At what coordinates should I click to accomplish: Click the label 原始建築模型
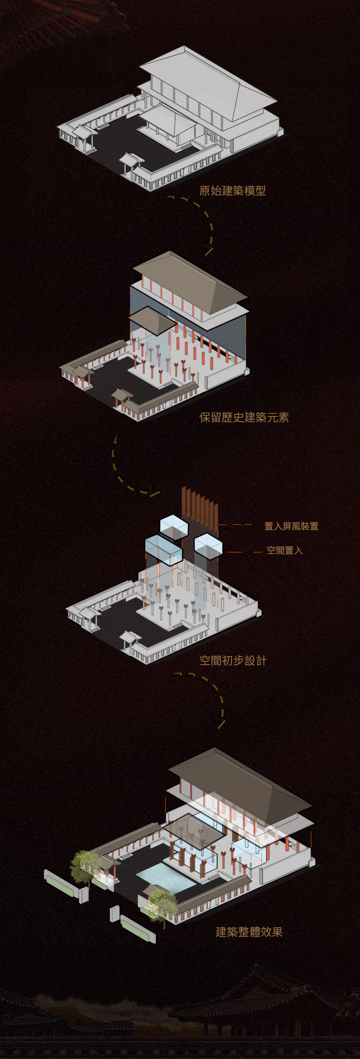[233, 191]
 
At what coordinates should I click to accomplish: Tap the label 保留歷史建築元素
[244, 417]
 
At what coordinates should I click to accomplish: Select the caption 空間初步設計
[233, 660]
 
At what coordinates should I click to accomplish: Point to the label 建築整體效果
[249, 932]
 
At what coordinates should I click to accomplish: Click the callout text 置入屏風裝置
[291, 526]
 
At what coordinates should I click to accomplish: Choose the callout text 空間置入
[285, 550]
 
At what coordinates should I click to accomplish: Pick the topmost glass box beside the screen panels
[174, 526]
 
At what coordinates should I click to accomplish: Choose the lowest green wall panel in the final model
[138, 930]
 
